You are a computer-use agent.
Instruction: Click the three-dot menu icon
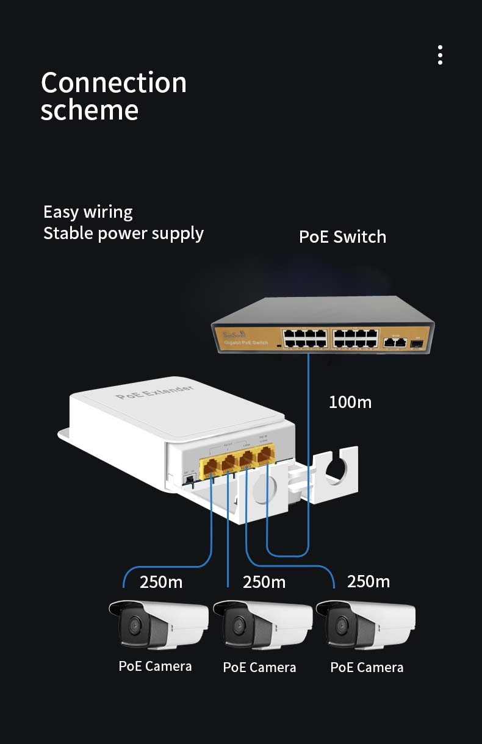pyautogui.click(x=440, y=55)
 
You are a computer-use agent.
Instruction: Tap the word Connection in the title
pyautogui.click(x=113, y=83)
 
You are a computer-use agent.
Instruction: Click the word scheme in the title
pyautogui.click(x=89, y=110)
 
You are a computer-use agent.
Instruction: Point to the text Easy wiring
pyautogui.click(x=88, y=212)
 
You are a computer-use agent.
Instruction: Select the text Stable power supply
pyautogui.click(x=123, y=233)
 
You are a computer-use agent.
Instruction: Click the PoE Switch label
pyautogui.click(x=342, y=237)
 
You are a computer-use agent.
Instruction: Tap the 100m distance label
pyautogui.click(x=350, y=402)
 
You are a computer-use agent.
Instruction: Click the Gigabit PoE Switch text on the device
pyautogui.click(x=246, y=343)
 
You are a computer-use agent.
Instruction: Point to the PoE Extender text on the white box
pyautogui.click(x=154, y=392)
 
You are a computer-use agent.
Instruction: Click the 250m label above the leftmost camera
pyautogui.click(x=161, y=582)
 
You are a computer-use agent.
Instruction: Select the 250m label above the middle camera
pyautogui.click(x=264, y=582)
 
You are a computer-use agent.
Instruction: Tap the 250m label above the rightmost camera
pyautogui.click(x=368, y=581)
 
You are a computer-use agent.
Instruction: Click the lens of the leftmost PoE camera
pyautogui.click(x=133, y=625)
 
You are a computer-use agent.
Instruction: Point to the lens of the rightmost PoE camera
pyautogui.click(x=340, y=626)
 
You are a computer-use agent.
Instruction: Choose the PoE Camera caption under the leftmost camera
pyautogui.click(x=155, y=666)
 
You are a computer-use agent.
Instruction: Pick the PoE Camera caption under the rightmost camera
pyautogui.click(x=367, y=667)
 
